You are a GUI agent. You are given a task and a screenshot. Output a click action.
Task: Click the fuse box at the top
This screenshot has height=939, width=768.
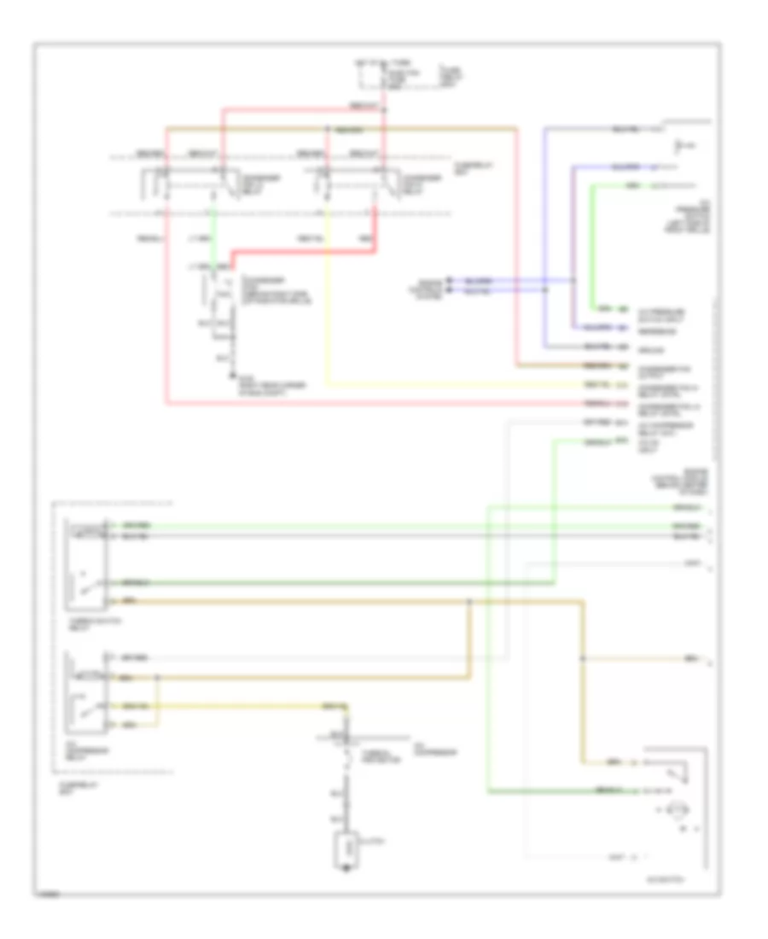[373, 76]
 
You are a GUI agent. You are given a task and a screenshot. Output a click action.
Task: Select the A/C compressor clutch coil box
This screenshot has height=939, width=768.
[346, 849]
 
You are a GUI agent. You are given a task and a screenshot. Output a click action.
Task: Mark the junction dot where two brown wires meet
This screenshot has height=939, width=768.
[469, 602]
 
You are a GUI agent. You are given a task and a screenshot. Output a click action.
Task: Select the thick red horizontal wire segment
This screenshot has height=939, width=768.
[303, 252]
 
